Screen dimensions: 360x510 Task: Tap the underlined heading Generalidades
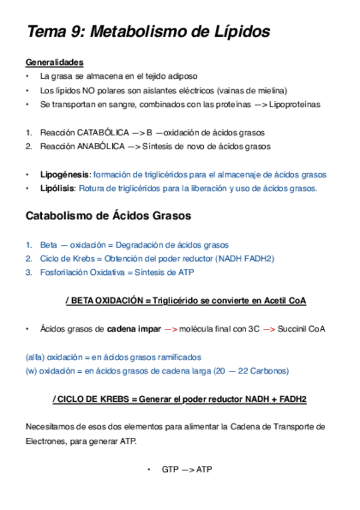click(x=54, y=63)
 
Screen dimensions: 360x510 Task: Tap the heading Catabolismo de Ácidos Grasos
click(x=108, y=217)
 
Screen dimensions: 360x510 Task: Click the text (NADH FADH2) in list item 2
click(x=245, y=259)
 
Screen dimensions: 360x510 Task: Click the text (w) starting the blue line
click(x=31, y=371)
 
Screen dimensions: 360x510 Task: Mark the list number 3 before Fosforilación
click(x=28, y=272)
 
